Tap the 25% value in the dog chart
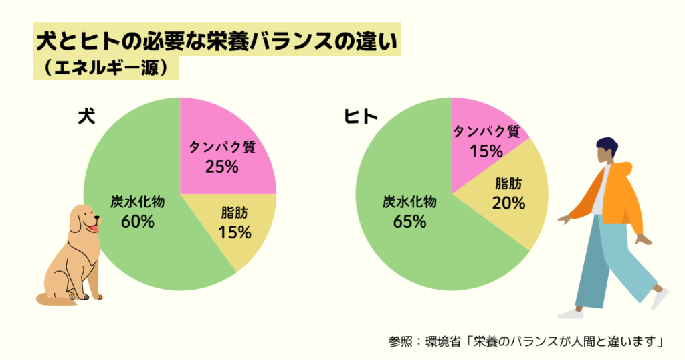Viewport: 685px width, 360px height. pyautogui.click(x=222, y=167)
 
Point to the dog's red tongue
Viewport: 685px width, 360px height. pyautogui.click(x=94, y=229)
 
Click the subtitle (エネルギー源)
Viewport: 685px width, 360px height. pyautogui.click(x=107, y=68)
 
